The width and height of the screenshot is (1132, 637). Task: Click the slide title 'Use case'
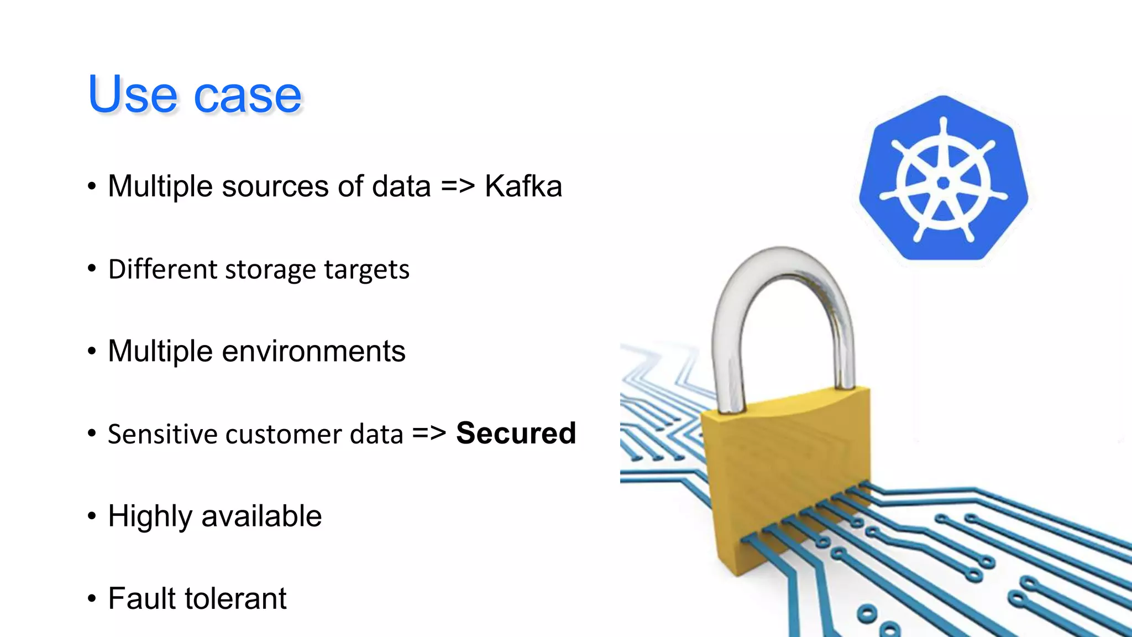(x=195, y=95)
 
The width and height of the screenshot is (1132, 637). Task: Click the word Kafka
(x=523, y=186)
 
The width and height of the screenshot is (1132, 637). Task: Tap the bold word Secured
(x=516, y=433)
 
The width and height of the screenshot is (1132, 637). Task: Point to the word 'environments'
(x=313, y=351)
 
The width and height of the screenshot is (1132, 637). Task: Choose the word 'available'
(x=261, y=516)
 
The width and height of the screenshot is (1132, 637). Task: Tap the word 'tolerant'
(x=235, y=599)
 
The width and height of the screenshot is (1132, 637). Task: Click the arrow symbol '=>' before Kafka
(x=458, y=186)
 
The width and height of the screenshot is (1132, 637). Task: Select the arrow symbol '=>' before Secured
(x=429, y=433)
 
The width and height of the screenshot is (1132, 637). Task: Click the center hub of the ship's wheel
(x=944, y=183)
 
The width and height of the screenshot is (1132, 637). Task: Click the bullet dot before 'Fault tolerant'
(x=92, y=598)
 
